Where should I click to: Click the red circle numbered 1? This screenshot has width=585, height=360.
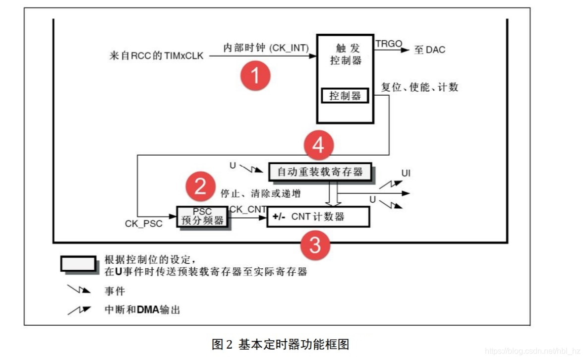(255, 76)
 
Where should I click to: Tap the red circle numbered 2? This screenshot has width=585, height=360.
(200, 186)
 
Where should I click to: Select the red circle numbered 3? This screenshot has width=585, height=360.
(315, 245)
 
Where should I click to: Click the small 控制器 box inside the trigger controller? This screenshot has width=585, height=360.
(345, 95)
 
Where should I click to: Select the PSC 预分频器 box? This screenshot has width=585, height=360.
(202, 217)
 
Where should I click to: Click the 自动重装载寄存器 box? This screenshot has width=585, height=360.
(320, 172)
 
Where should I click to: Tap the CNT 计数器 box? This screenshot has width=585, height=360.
(318, 217)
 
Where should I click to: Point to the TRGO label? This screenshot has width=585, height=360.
(389, 44)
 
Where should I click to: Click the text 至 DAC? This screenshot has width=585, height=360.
(429, 50)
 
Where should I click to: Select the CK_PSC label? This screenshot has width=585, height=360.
(143, 224)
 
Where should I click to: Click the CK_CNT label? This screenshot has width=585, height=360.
(248, 209)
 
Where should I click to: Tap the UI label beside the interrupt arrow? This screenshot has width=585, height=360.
(407, 174)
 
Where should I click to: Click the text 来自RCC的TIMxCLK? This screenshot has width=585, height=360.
(156, 56)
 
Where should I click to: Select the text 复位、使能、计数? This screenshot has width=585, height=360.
(419, 87)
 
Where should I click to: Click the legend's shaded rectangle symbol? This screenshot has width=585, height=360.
(78, 263)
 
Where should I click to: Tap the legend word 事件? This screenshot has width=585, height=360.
(115, 291)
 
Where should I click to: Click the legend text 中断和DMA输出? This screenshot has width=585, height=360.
(142, 310)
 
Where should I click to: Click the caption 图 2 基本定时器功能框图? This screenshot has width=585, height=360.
(281, 344)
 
